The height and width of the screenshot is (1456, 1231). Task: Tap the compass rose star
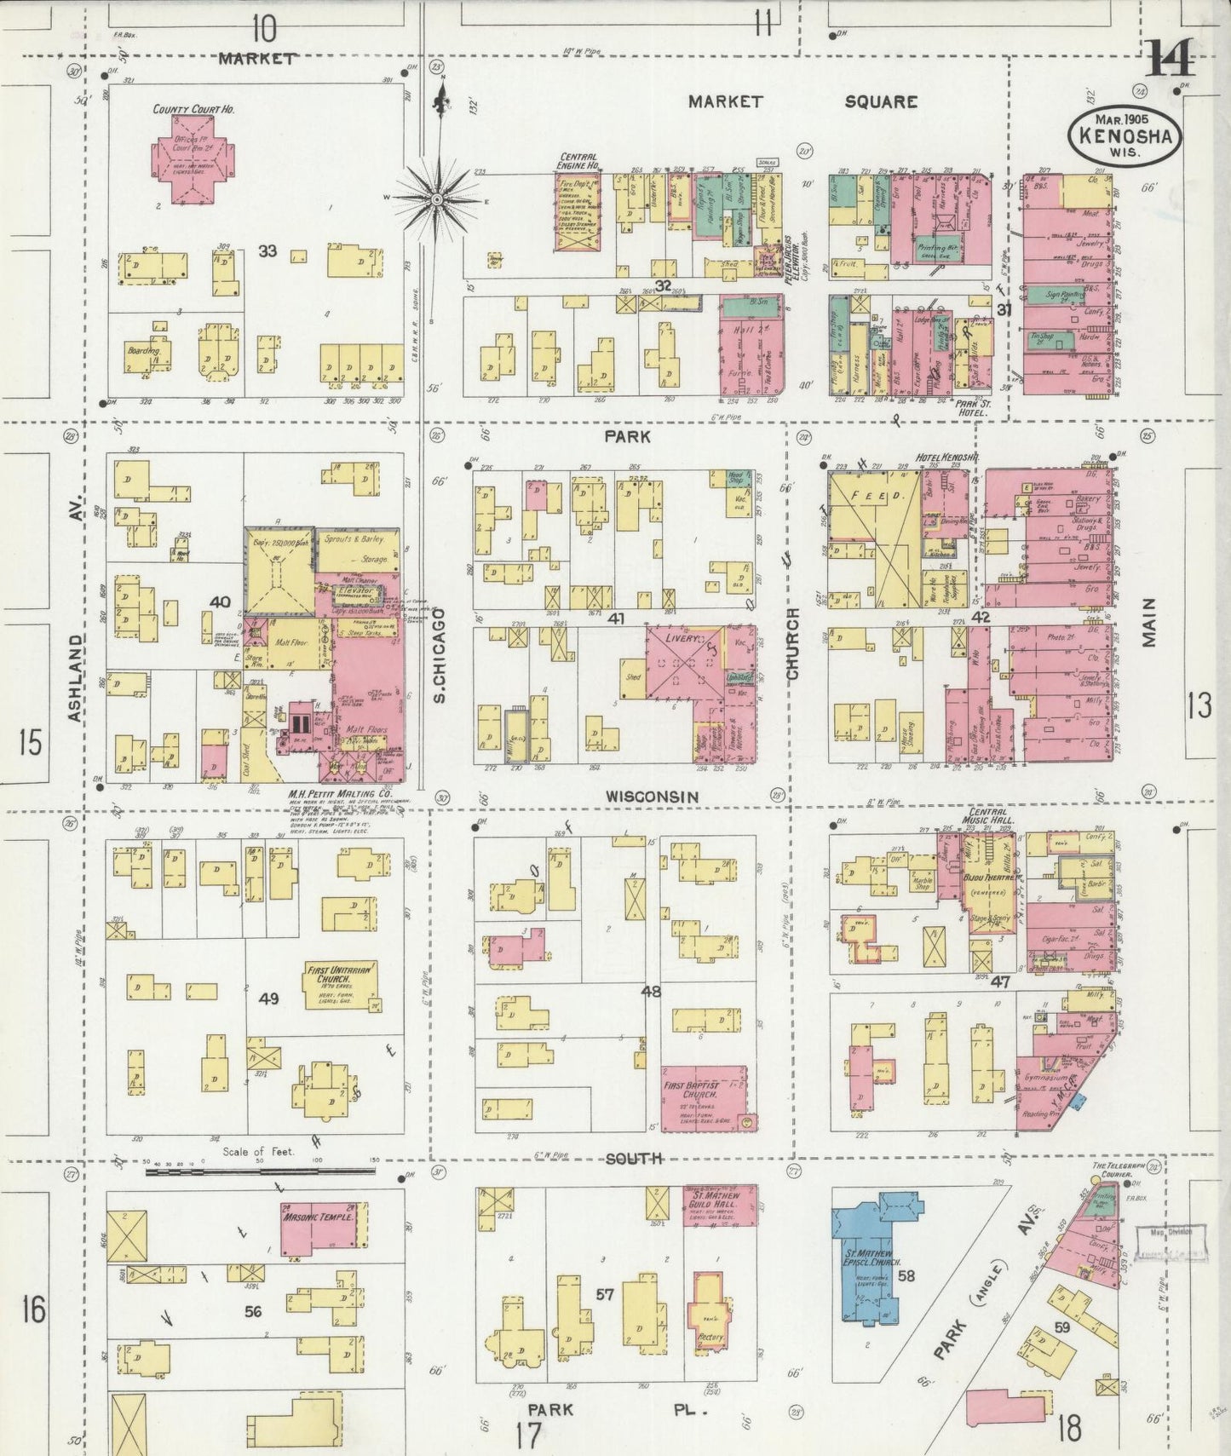436,199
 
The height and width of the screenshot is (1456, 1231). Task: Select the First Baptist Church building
704,1098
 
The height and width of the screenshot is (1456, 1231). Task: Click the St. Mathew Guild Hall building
720,1206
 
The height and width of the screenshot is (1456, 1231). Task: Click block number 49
268,998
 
